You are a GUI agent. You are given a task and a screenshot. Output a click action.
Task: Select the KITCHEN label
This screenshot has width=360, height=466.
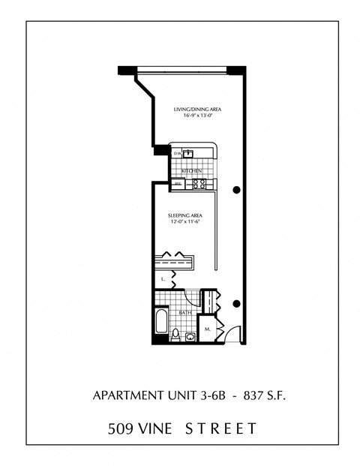click(192, 170)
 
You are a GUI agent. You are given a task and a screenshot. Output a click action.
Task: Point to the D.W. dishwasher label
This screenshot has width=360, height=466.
click(177, 154)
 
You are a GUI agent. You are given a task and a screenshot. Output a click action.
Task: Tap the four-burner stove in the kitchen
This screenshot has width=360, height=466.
click(199, 182)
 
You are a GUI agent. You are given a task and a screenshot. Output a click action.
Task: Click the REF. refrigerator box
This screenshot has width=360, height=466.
click(178, 183)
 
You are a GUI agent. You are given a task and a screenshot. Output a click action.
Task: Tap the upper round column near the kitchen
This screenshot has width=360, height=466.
click(237, 190)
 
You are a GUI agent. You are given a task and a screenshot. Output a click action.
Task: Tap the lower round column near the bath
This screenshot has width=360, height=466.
click(237, 303)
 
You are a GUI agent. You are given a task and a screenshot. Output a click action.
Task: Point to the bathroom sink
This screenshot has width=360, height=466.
click(190, 335)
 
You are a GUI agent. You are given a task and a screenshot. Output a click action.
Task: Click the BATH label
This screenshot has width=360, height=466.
click(185, 312)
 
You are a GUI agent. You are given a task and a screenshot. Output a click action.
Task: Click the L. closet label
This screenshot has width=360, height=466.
click(162, 279)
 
